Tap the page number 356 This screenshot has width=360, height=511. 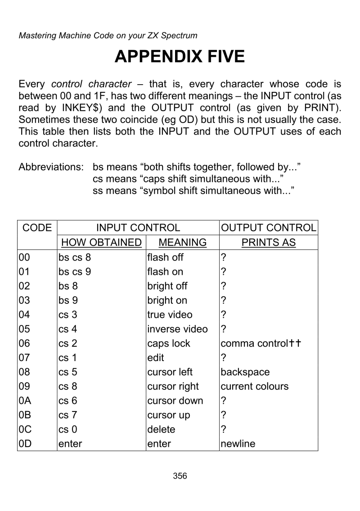(180, 475)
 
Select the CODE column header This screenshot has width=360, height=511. (37, 228)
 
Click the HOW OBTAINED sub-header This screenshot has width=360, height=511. (100, 243)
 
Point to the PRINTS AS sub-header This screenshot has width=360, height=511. (269, 243)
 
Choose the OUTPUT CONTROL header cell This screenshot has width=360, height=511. (269, 228)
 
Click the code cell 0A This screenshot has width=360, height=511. (24, 400)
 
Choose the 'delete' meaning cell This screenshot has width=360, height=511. (161, 429)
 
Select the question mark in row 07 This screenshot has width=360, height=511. (223, 357)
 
